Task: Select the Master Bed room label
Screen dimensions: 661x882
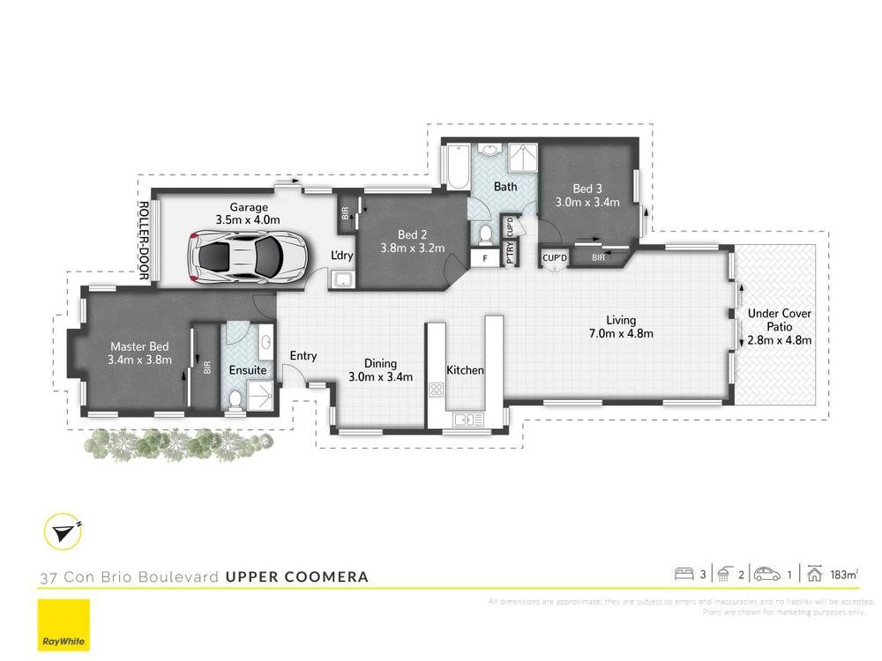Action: pyautogui.click(x=139, y=347)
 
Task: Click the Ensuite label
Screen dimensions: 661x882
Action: pyautogui.click(x=248, y=370)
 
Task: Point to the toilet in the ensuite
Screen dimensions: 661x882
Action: pyautogui.click(x=234, y=403)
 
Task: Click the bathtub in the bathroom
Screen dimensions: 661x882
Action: pyautogui.click(x=456, y=167)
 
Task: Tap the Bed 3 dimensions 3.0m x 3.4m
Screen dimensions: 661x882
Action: pyautogui.click(x=587, y=202)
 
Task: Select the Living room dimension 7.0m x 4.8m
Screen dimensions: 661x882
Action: pyautogui.click(x=621, y=333)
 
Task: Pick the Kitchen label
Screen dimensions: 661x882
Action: pyautogui.click(x=465, y=370)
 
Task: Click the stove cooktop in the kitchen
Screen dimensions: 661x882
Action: pyautogui.click(x=435, y=390)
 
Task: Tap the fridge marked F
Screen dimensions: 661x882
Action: pyautogui.click(x=483, y=258)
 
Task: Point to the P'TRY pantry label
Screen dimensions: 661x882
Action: pyautogui.click(x=510, y=253)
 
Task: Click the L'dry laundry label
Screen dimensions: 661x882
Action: pyautogui.click(x=342, y=256)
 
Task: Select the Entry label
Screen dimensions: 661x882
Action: pyautogui.click(x=303, y=356)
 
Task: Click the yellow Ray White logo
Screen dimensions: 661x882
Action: pyautogui.click(x=64, y=625)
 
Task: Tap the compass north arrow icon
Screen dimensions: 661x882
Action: pyautogui.click(x=62, y=531)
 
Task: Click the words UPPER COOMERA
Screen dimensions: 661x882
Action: pyautogui.click(x=296, y=577)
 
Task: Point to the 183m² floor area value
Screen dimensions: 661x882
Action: pyautogui.click(x=843, y=575)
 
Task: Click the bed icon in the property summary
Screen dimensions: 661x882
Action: pyautogui.click(x=684, y=574)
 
